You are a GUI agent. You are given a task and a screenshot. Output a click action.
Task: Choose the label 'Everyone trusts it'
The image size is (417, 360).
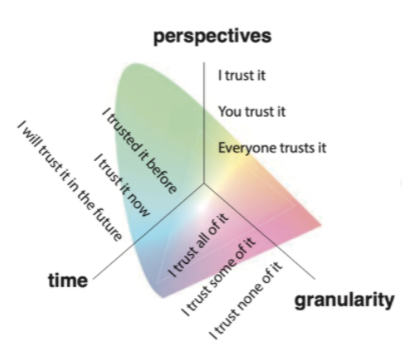(273, 148)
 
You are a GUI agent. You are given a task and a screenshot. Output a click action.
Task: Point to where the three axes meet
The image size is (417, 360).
(205, 186)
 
